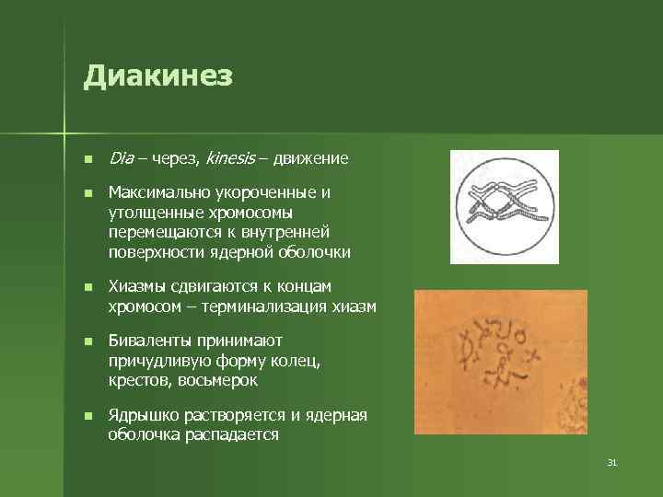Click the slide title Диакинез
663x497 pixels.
pos(157,76)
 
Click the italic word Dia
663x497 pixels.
pos(121,158)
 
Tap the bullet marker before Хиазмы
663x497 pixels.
pos(87,287)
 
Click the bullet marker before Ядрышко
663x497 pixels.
pos(87,416)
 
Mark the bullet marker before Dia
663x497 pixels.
pos(87,159)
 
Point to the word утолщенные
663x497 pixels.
pos(151,213)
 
